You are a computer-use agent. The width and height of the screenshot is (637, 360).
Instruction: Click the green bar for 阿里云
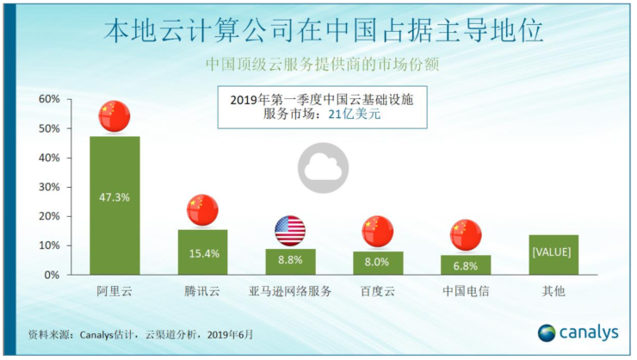coord(114,206)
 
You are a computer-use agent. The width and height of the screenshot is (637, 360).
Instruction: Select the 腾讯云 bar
coord(202,252)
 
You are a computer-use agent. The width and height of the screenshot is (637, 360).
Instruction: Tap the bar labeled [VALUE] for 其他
coord(554,255)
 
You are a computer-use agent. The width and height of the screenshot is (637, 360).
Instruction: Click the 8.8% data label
coord(290,260)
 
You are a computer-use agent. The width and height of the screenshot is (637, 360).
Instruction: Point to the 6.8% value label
coord(466,266)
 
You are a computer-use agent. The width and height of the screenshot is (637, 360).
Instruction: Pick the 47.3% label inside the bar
coord(114,197)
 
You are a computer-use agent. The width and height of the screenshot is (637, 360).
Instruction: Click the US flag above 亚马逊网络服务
coord(290,231)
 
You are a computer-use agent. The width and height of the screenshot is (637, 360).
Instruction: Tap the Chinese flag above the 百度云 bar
coord(377,232)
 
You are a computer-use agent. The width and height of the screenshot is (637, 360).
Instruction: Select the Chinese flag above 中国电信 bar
coord(466,235)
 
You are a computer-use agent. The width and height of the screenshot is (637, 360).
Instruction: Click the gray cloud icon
coord(323,168)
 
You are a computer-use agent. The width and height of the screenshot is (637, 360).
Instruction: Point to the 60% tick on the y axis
coord(49,99)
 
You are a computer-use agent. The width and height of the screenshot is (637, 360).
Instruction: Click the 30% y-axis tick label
coord(49,187)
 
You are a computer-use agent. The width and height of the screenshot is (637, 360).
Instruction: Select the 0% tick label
coord(52,275)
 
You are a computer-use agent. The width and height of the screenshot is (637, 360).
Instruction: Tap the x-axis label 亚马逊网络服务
coord(290,291)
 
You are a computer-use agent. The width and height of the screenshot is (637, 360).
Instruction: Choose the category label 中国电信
coord(466,291)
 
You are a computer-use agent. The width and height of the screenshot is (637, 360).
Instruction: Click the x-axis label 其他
coord(554,291)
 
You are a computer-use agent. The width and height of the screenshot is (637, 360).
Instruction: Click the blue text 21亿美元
coord(355,115)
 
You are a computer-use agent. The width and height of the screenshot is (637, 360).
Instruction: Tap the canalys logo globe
coord(547,333)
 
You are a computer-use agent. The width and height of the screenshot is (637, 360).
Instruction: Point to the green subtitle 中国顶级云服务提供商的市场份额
coord(322,65)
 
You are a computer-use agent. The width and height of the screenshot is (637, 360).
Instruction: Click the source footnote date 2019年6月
coord(230,334)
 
